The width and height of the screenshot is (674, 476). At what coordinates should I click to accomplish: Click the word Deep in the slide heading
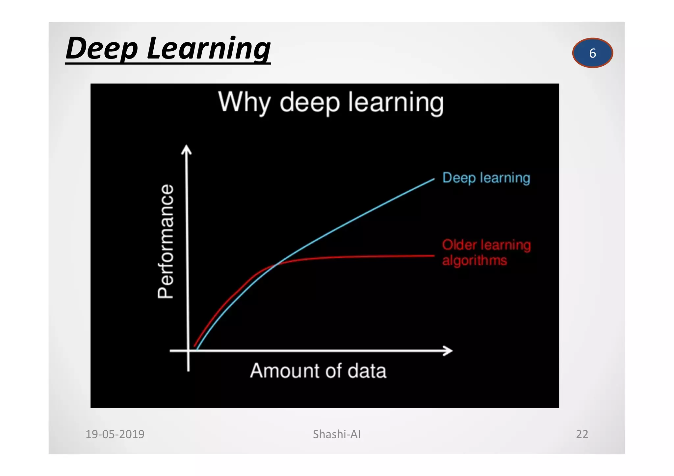click(102, 49)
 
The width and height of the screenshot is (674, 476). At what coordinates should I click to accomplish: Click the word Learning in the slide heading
click(209, 49)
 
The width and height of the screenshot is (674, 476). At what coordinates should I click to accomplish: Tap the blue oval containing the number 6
click(592, 53)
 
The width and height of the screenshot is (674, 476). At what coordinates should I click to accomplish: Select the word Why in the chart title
click(244, 103)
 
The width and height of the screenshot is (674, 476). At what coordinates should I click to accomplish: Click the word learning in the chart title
click(396, 103)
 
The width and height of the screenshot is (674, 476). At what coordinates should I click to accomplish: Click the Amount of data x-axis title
click(318, 371)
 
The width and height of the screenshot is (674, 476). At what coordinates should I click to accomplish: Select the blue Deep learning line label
click(486, 178)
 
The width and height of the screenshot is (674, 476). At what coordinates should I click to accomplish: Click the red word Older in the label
click(459, 245)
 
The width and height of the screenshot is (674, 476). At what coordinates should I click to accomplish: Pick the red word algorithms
click(474, 260)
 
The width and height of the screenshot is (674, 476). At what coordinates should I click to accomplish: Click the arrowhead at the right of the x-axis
click(448, 351)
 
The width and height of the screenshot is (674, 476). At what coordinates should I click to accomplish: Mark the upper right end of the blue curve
click(433, 179)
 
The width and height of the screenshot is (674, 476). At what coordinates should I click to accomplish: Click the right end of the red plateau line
click(433, 256)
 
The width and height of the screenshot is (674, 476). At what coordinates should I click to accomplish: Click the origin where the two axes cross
click(188, 351)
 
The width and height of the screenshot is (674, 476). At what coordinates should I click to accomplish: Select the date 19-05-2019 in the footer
click(115, 434)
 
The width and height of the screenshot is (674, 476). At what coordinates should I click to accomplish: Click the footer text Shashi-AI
click(337, 434)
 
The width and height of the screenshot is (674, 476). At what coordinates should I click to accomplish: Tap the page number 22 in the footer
click(582, 434)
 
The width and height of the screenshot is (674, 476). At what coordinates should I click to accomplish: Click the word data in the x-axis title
click(367, 371)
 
